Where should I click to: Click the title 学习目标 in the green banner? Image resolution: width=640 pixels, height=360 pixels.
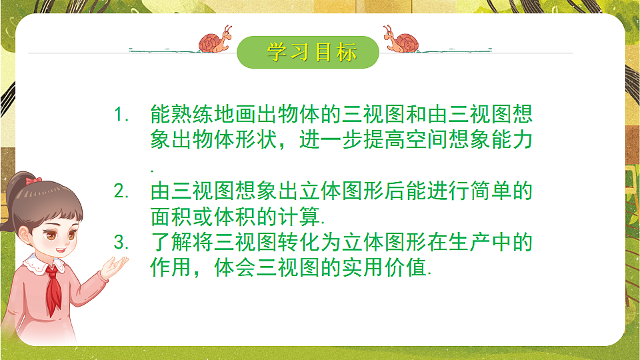311,52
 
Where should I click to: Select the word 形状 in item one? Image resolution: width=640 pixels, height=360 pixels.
237,141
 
